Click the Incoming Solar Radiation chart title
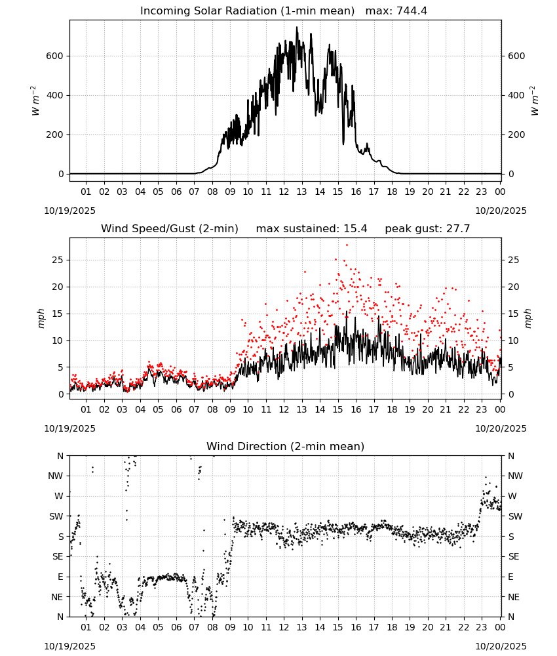click(x=247, y=10)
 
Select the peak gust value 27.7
click(x=457, y=228)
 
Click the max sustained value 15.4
click(x=355, y=228)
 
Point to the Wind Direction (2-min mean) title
click(x=286, y=446)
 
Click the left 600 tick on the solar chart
click(x=55, y=56)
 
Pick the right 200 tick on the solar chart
click(x=516, y=134)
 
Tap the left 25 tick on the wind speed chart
click(x=58, y=260)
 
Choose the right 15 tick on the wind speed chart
click(x=513, y=314)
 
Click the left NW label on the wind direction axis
click(x=56, y=476)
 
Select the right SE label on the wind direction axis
click(x=514, y=556)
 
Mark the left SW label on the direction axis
click(x=56, y=516)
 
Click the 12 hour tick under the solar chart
click(x=284, y=192)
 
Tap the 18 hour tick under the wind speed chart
click(x=392, y=409)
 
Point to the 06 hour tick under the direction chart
click(x=176, y=627)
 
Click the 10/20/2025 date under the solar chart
click(x=501, y=211)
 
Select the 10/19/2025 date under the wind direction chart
click(x=69, y=646)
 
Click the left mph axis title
click(x=41, y=318)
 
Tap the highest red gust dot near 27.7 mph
click(x=347, y=245)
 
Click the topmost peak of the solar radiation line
click(x=297, y=27)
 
